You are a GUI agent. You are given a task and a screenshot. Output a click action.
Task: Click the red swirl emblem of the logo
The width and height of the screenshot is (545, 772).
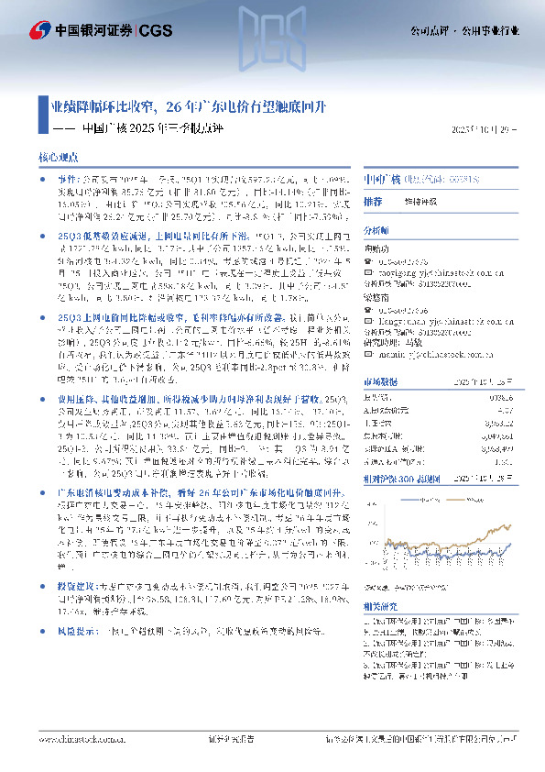point(41,31)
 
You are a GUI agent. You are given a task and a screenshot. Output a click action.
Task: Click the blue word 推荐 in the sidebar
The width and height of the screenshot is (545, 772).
point(373,200)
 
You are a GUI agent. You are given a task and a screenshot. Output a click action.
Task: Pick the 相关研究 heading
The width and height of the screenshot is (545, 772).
point(379,606)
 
